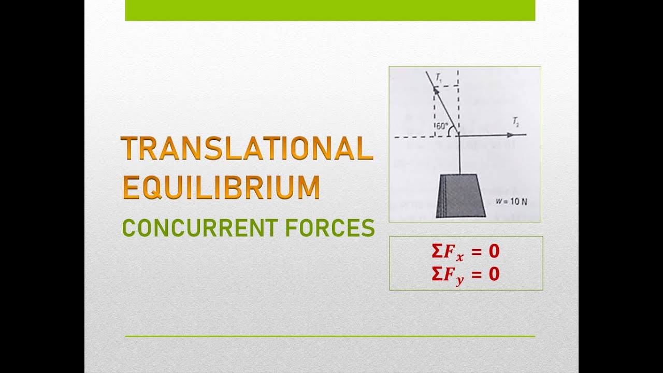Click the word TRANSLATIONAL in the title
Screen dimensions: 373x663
click(x=247, y=149)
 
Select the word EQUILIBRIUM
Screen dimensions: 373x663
click(x=221, y=188)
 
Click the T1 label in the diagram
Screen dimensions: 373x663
click(x=439, y=78)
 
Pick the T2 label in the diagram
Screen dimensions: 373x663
click(x=516, y=123)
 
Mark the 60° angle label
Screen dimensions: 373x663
click(x=441, y=126)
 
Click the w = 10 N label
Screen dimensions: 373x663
click(x=511, y=203)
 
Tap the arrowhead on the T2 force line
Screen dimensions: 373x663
click(x=512, y=135)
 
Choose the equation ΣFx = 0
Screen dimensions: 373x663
click(x=465, y=252)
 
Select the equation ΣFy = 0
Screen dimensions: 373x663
click(x=465, y=274)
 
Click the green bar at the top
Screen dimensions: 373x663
click(x=330, y=10)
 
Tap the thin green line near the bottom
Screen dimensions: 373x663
click(x=330, y=336)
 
